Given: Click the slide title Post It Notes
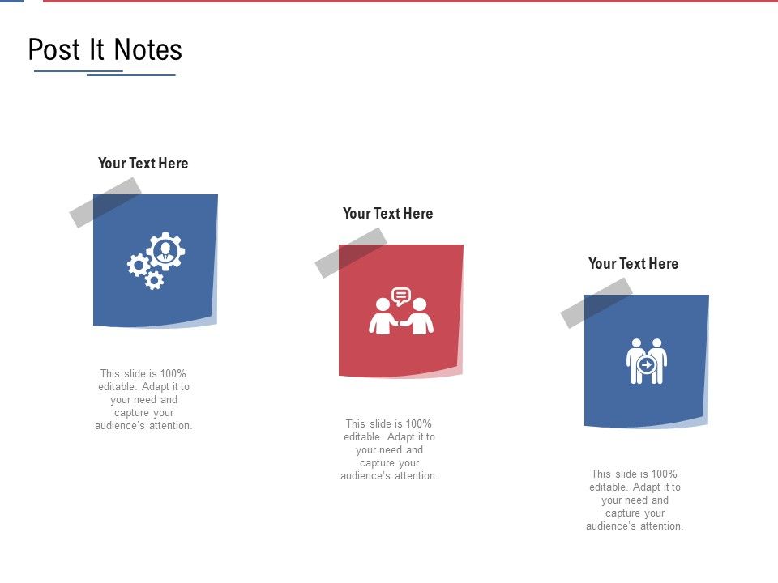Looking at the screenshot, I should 105,50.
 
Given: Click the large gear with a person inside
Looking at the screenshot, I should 166,251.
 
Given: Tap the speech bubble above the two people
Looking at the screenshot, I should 401,296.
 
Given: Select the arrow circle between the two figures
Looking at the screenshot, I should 647,365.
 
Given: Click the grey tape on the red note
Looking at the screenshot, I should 351,253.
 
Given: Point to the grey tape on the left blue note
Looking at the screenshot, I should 105,202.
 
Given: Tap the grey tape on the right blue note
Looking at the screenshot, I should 596,303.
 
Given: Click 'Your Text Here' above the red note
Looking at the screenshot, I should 387,214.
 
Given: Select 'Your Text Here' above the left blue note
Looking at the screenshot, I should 143,164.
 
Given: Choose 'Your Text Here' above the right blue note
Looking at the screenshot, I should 633,264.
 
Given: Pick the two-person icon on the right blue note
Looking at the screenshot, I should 647,361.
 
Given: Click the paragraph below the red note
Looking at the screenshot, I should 389,450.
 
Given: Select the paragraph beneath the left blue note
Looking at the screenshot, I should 143,400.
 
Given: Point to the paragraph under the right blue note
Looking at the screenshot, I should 635,500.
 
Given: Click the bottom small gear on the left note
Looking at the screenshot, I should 154,280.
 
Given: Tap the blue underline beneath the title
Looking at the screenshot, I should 105,74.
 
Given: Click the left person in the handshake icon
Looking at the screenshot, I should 382,317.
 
